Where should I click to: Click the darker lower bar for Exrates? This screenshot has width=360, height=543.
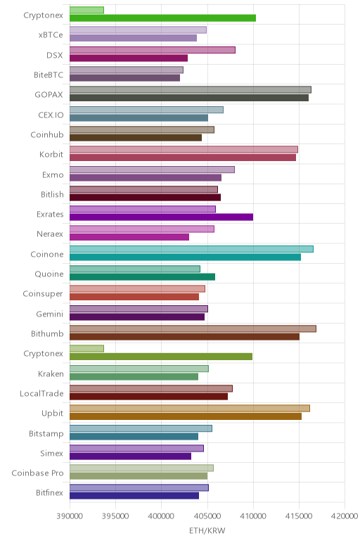[161, 217]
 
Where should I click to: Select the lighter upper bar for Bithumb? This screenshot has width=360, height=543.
[193, 328]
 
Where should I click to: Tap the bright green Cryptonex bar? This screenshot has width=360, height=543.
[162, 18]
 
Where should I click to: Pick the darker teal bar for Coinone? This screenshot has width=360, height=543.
[185, 257]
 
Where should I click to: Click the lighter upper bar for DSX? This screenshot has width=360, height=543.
[153, 50]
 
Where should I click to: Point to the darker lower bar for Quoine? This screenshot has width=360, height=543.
[142, 276]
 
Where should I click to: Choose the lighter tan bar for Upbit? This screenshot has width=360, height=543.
[190, 408]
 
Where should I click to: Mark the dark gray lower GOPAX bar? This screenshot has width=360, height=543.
[189, 98]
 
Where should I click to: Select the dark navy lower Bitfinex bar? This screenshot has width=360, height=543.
[134, 496]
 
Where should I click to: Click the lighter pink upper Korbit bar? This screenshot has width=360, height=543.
[184, 149]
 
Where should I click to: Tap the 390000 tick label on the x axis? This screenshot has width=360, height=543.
[70, 516]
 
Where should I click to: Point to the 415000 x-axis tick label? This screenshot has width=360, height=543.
[299, 516]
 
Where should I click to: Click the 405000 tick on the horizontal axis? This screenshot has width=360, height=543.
[207, 516]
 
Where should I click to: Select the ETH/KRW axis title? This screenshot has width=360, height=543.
[207, 530]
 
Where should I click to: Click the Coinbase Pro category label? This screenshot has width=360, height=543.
[38, 473]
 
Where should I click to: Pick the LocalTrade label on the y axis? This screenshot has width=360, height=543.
[42, 393]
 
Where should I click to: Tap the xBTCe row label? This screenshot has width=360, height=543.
[51, 35]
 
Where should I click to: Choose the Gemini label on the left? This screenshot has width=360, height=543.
[50, 314]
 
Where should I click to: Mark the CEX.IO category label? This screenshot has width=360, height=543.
[51, 115]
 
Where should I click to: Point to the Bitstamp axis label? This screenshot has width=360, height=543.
[46, 433]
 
